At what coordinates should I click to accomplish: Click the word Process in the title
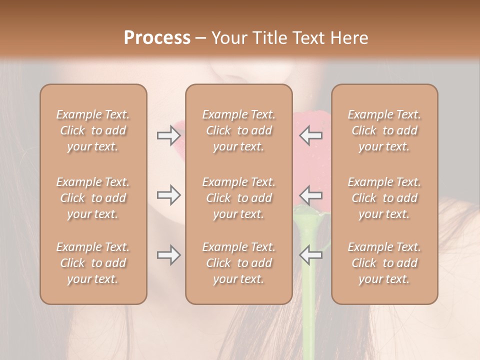coord(157,38)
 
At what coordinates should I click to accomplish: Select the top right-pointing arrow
coord(168,135)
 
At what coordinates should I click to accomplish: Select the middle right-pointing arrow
coord(168,195)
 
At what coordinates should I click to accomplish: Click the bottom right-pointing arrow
coord(168,255)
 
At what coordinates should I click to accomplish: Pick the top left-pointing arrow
coord(310,135)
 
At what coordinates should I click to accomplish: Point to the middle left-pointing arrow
coord(310,195)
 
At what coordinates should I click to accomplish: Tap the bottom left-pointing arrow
coord(310,255)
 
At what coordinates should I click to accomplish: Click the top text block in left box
coord(93,130)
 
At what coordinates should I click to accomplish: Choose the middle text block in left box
coord(93,198)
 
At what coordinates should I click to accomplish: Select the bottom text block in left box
coord(93,263)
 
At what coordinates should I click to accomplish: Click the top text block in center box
coord(238,130)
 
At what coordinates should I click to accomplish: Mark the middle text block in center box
coord(238,198)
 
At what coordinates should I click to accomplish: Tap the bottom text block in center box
coord(238,263)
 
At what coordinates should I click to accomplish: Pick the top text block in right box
coord(384,130)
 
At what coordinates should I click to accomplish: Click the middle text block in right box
coord(384,198)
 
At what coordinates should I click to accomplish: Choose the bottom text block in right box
coord(384,263)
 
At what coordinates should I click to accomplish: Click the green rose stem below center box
coord(309,330)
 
